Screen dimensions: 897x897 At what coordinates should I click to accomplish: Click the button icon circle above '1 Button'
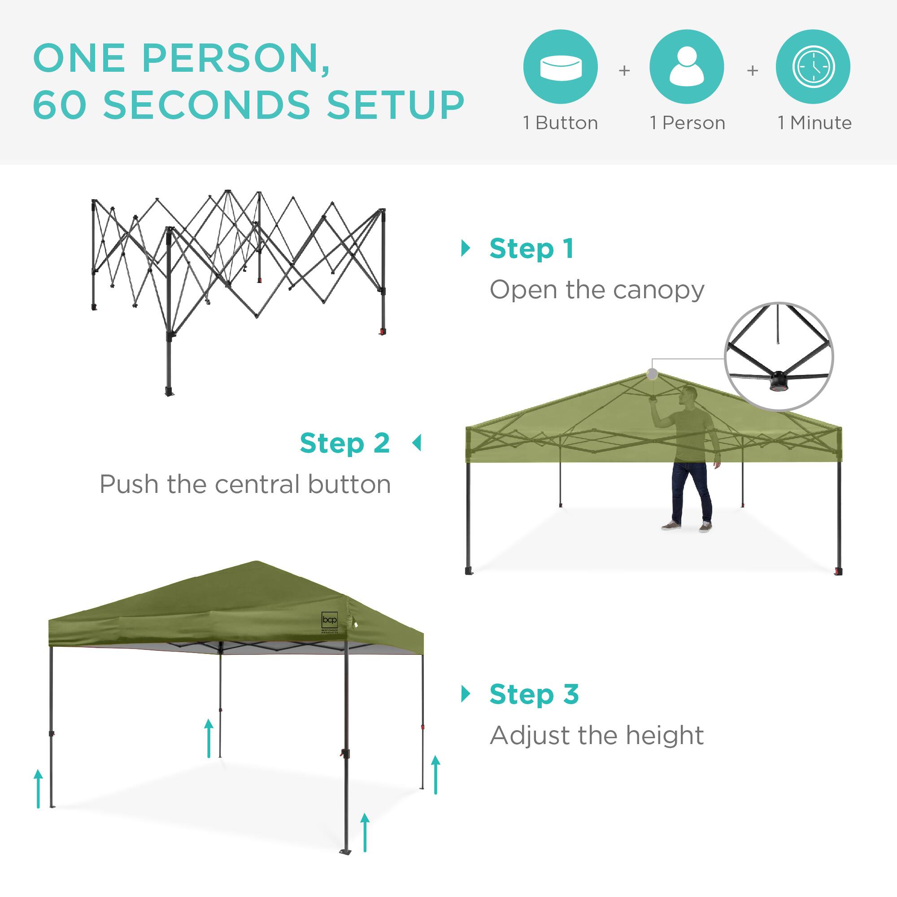coord(560,67)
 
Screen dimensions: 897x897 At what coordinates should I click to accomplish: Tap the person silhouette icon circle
coord(687,67)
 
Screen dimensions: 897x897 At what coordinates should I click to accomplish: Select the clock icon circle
coord(813,67)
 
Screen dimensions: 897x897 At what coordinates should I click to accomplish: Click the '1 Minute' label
coord(815,123)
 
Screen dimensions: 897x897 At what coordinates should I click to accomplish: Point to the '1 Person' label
coord(688,123)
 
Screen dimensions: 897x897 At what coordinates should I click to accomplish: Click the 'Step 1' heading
coord(531,249)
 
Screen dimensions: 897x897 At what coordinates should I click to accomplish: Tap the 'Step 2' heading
coord(344,444)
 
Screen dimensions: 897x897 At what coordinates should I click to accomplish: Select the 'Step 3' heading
coord(534,695)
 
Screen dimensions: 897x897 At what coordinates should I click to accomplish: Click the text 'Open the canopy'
coord(597,290)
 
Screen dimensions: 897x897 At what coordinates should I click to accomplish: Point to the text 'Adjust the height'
coord(597,736)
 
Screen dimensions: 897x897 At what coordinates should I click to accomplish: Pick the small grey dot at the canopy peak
coord(652,374)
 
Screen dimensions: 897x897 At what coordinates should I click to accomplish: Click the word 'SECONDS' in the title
coord(206,104)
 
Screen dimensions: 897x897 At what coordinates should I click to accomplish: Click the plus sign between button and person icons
coord(624,70)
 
